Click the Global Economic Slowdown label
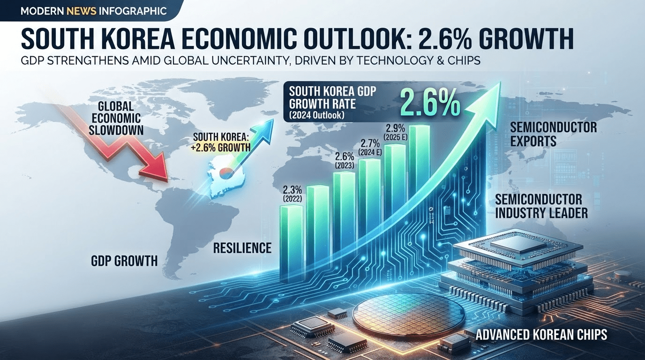[116, 119]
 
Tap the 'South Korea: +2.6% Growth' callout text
[221, 142]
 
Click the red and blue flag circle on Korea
[226, 172]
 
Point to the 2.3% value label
[292, 190]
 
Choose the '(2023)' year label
[345, 165]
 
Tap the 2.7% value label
[370, 143]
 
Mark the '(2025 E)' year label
[396, 137]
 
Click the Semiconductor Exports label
[553, 134]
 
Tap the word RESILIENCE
[242, 247]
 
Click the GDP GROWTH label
[124, 261]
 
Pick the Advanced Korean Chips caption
[541, 335]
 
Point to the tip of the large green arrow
[500, 82]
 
